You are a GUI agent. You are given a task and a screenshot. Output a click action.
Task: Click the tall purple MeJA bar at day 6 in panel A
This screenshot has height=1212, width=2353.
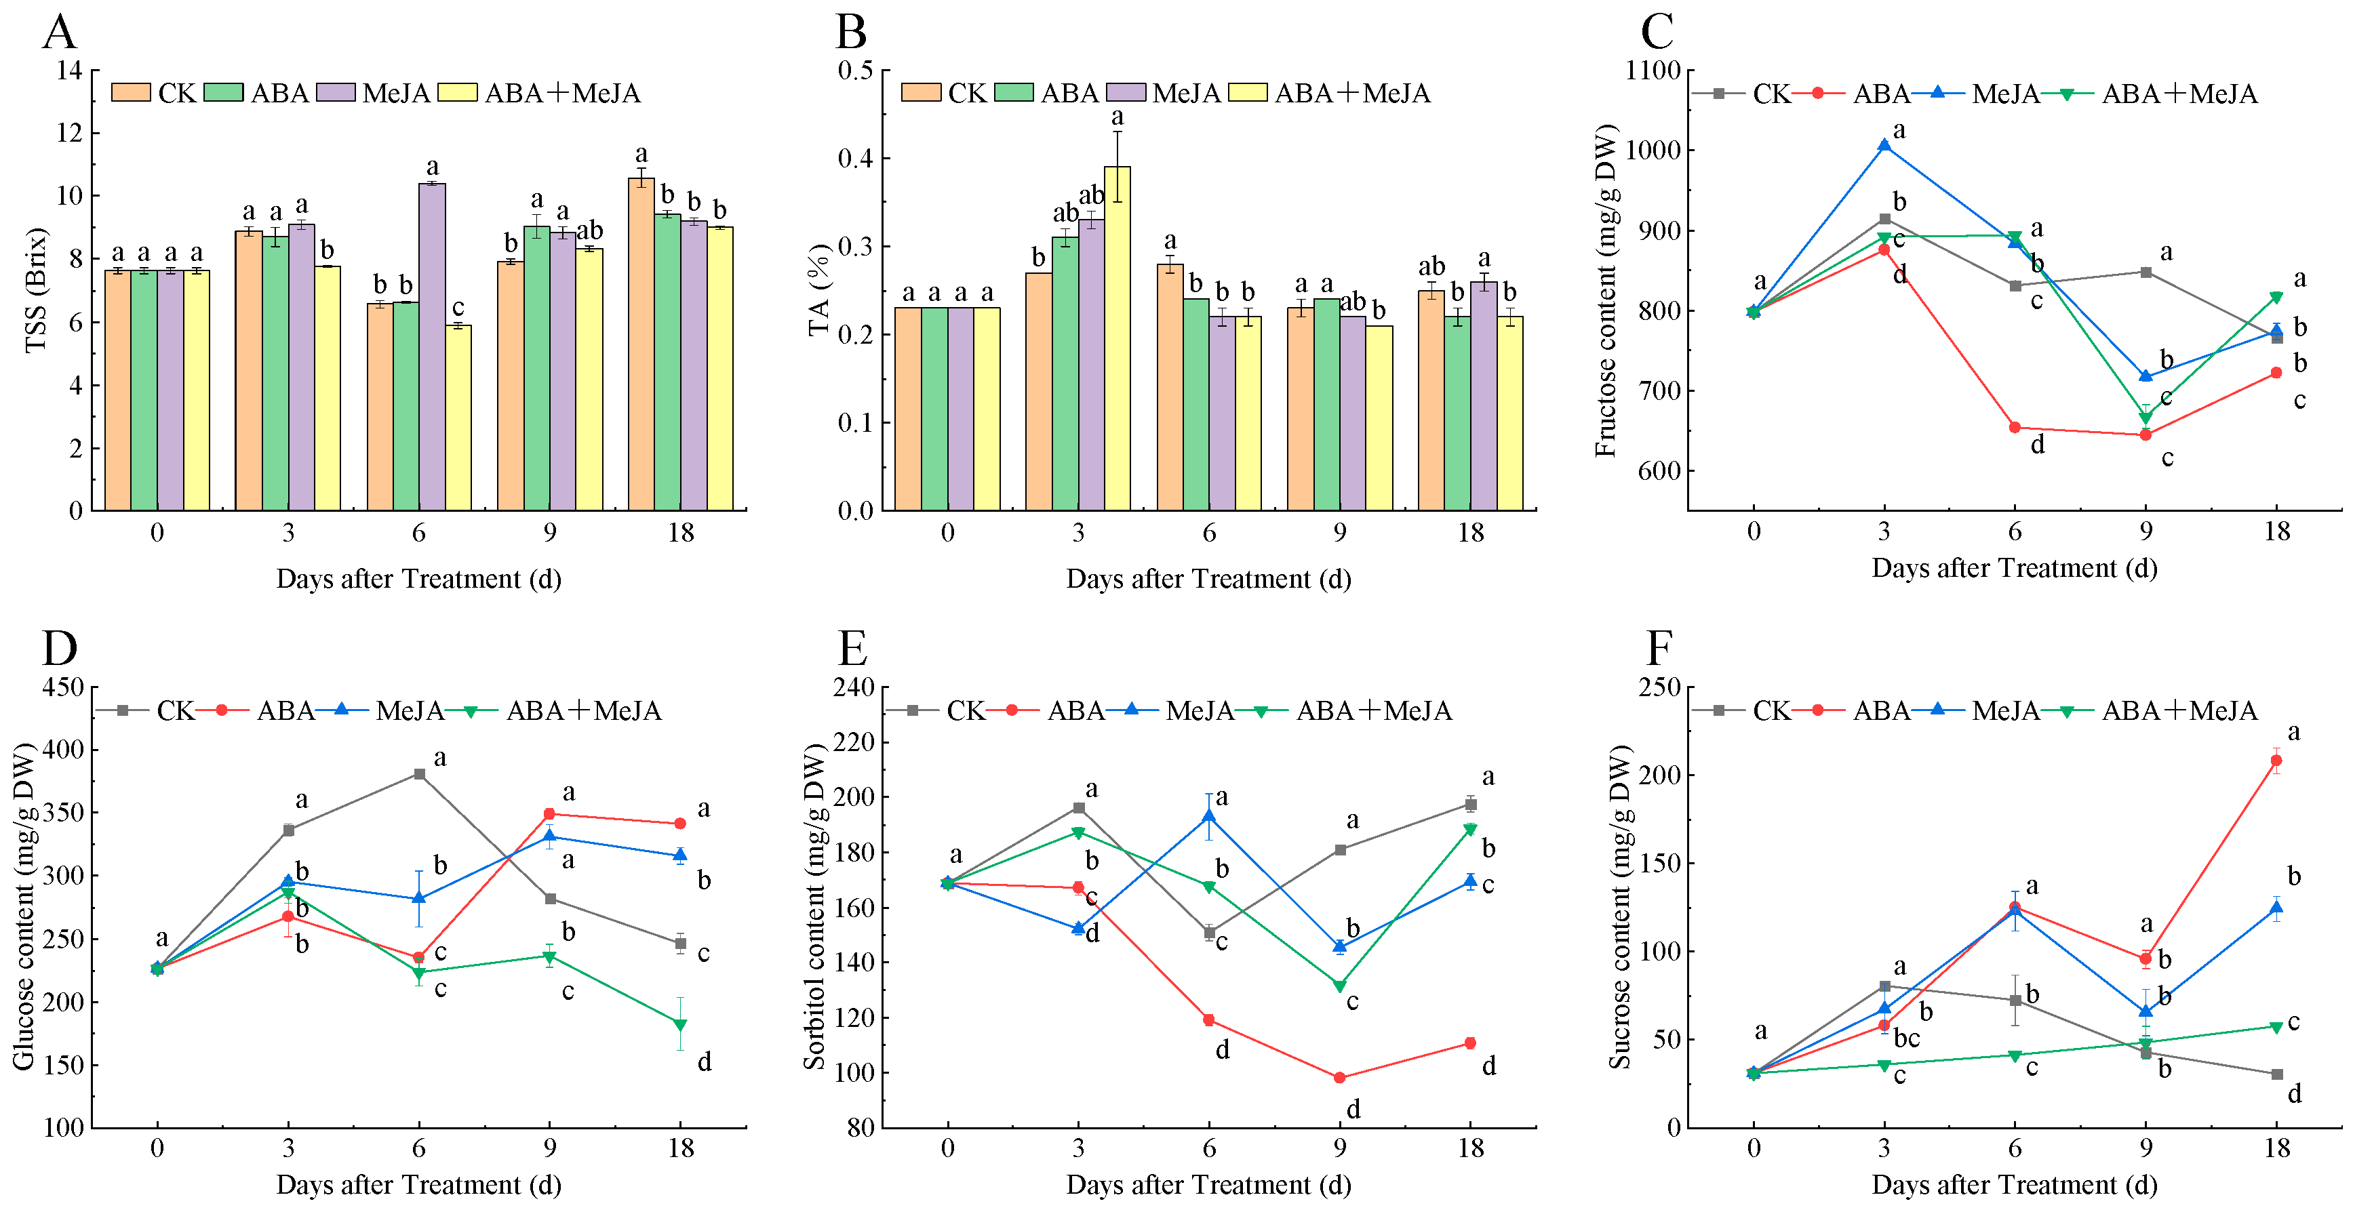(432, 347)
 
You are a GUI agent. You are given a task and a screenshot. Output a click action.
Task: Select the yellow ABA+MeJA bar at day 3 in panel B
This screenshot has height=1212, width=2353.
(1117, 338)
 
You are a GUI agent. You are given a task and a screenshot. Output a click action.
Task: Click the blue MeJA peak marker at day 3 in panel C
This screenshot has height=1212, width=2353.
(1884, 145)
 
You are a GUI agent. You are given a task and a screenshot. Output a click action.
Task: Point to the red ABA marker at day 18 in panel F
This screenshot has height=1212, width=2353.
(2276, 760)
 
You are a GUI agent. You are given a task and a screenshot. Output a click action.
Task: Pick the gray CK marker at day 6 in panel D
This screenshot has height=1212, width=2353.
(419, 773)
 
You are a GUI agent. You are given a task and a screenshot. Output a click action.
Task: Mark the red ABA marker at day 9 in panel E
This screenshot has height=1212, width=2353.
(1340, 1078)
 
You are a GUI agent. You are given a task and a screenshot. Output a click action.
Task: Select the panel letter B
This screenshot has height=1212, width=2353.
(851, 33)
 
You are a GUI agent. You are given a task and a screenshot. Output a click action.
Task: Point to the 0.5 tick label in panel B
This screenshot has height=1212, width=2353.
(856, 71)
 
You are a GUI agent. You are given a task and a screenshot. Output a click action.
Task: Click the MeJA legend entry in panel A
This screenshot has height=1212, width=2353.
(395, 93)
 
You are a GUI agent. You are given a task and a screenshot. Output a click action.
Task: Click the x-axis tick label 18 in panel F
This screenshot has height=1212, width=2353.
(2276, 1148)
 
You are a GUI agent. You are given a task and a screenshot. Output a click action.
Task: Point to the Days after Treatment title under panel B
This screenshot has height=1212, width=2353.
(1208, 579)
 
